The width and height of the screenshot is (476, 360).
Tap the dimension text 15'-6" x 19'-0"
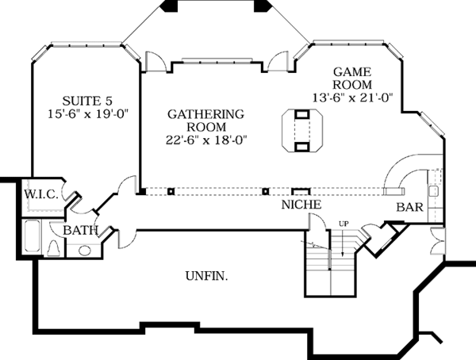87,114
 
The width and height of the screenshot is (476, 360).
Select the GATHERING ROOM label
205,121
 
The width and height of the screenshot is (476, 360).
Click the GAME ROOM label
351,77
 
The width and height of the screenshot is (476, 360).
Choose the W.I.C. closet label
37,193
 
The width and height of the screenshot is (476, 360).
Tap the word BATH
81,231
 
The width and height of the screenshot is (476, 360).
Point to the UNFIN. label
207,277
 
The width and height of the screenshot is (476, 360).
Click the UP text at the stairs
344,223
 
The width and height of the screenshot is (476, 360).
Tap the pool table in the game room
301,130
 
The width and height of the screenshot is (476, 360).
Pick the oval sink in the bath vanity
83,251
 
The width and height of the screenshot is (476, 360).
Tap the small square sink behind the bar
434,192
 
